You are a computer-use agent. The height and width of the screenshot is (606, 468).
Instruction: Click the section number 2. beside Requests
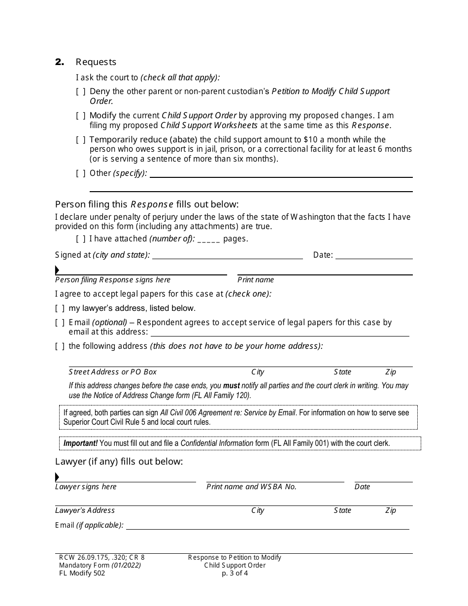pos(60,62)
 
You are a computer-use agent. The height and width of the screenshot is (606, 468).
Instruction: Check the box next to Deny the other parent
pos(81,91)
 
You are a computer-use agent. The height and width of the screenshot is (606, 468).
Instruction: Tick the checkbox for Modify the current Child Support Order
pos(81,115)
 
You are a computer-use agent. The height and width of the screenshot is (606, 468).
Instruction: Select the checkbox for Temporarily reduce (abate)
pos(81,139)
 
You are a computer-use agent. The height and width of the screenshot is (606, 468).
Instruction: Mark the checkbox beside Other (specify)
pos(81,173)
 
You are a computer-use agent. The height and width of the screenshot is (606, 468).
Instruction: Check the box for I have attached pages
pos(81,238)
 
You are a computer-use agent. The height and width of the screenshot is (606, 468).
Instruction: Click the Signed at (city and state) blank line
pos(227,255)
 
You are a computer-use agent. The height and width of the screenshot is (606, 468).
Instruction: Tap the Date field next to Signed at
pos(374,255)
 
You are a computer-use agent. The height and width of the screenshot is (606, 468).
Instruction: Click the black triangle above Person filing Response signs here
pos(57,270)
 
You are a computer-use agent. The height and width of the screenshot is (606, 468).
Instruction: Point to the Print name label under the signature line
pos(256,280)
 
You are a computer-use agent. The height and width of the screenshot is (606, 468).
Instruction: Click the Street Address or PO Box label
pos(113,372)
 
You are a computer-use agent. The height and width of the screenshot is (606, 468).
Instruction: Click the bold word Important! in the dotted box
pos(81,443)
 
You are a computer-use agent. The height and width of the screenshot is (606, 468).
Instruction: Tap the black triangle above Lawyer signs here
pos(57,477)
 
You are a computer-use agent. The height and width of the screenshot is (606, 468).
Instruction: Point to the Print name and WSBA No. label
pos(251,487)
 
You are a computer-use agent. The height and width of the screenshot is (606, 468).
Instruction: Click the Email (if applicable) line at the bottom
pos(267,526)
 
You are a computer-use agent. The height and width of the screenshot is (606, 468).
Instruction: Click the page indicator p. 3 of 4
pos(234,573)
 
